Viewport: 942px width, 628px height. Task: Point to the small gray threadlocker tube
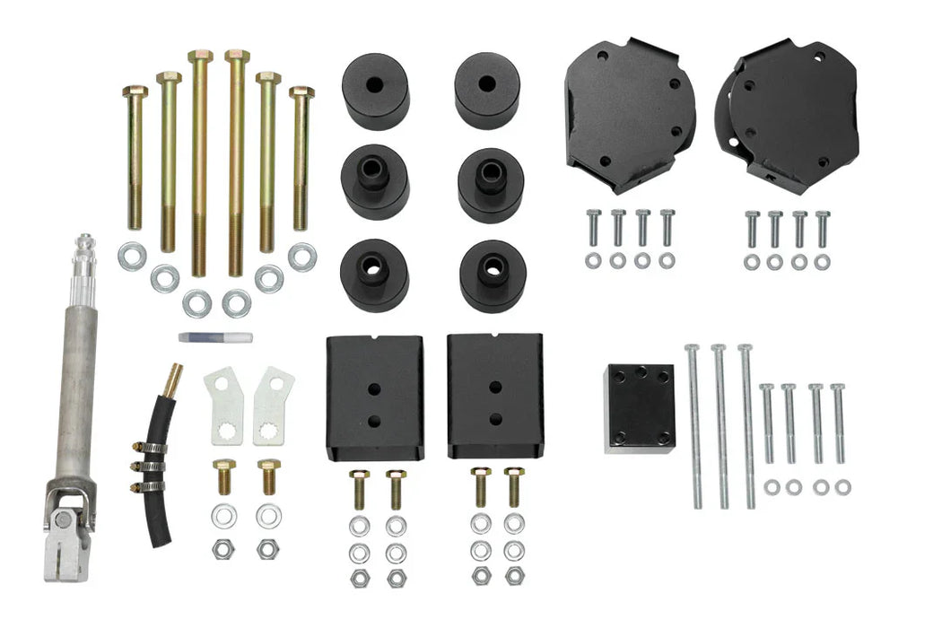coord(214,337)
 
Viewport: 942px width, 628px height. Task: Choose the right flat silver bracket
coord(272,405)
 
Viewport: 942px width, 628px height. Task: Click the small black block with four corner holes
coord(639,407)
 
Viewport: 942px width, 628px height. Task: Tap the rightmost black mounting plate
coord(789,112)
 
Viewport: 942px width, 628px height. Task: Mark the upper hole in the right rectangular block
coord(494,388)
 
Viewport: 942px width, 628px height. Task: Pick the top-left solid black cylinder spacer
coord(375,91)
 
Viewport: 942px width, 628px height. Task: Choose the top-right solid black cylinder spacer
coord(487,89)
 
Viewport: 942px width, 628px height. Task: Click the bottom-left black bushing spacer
coord(374,274)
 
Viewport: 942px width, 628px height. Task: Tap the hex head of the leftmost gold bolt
coord(135,92)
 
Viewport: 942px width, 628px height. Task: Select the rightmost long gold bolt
coord(301,157)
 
